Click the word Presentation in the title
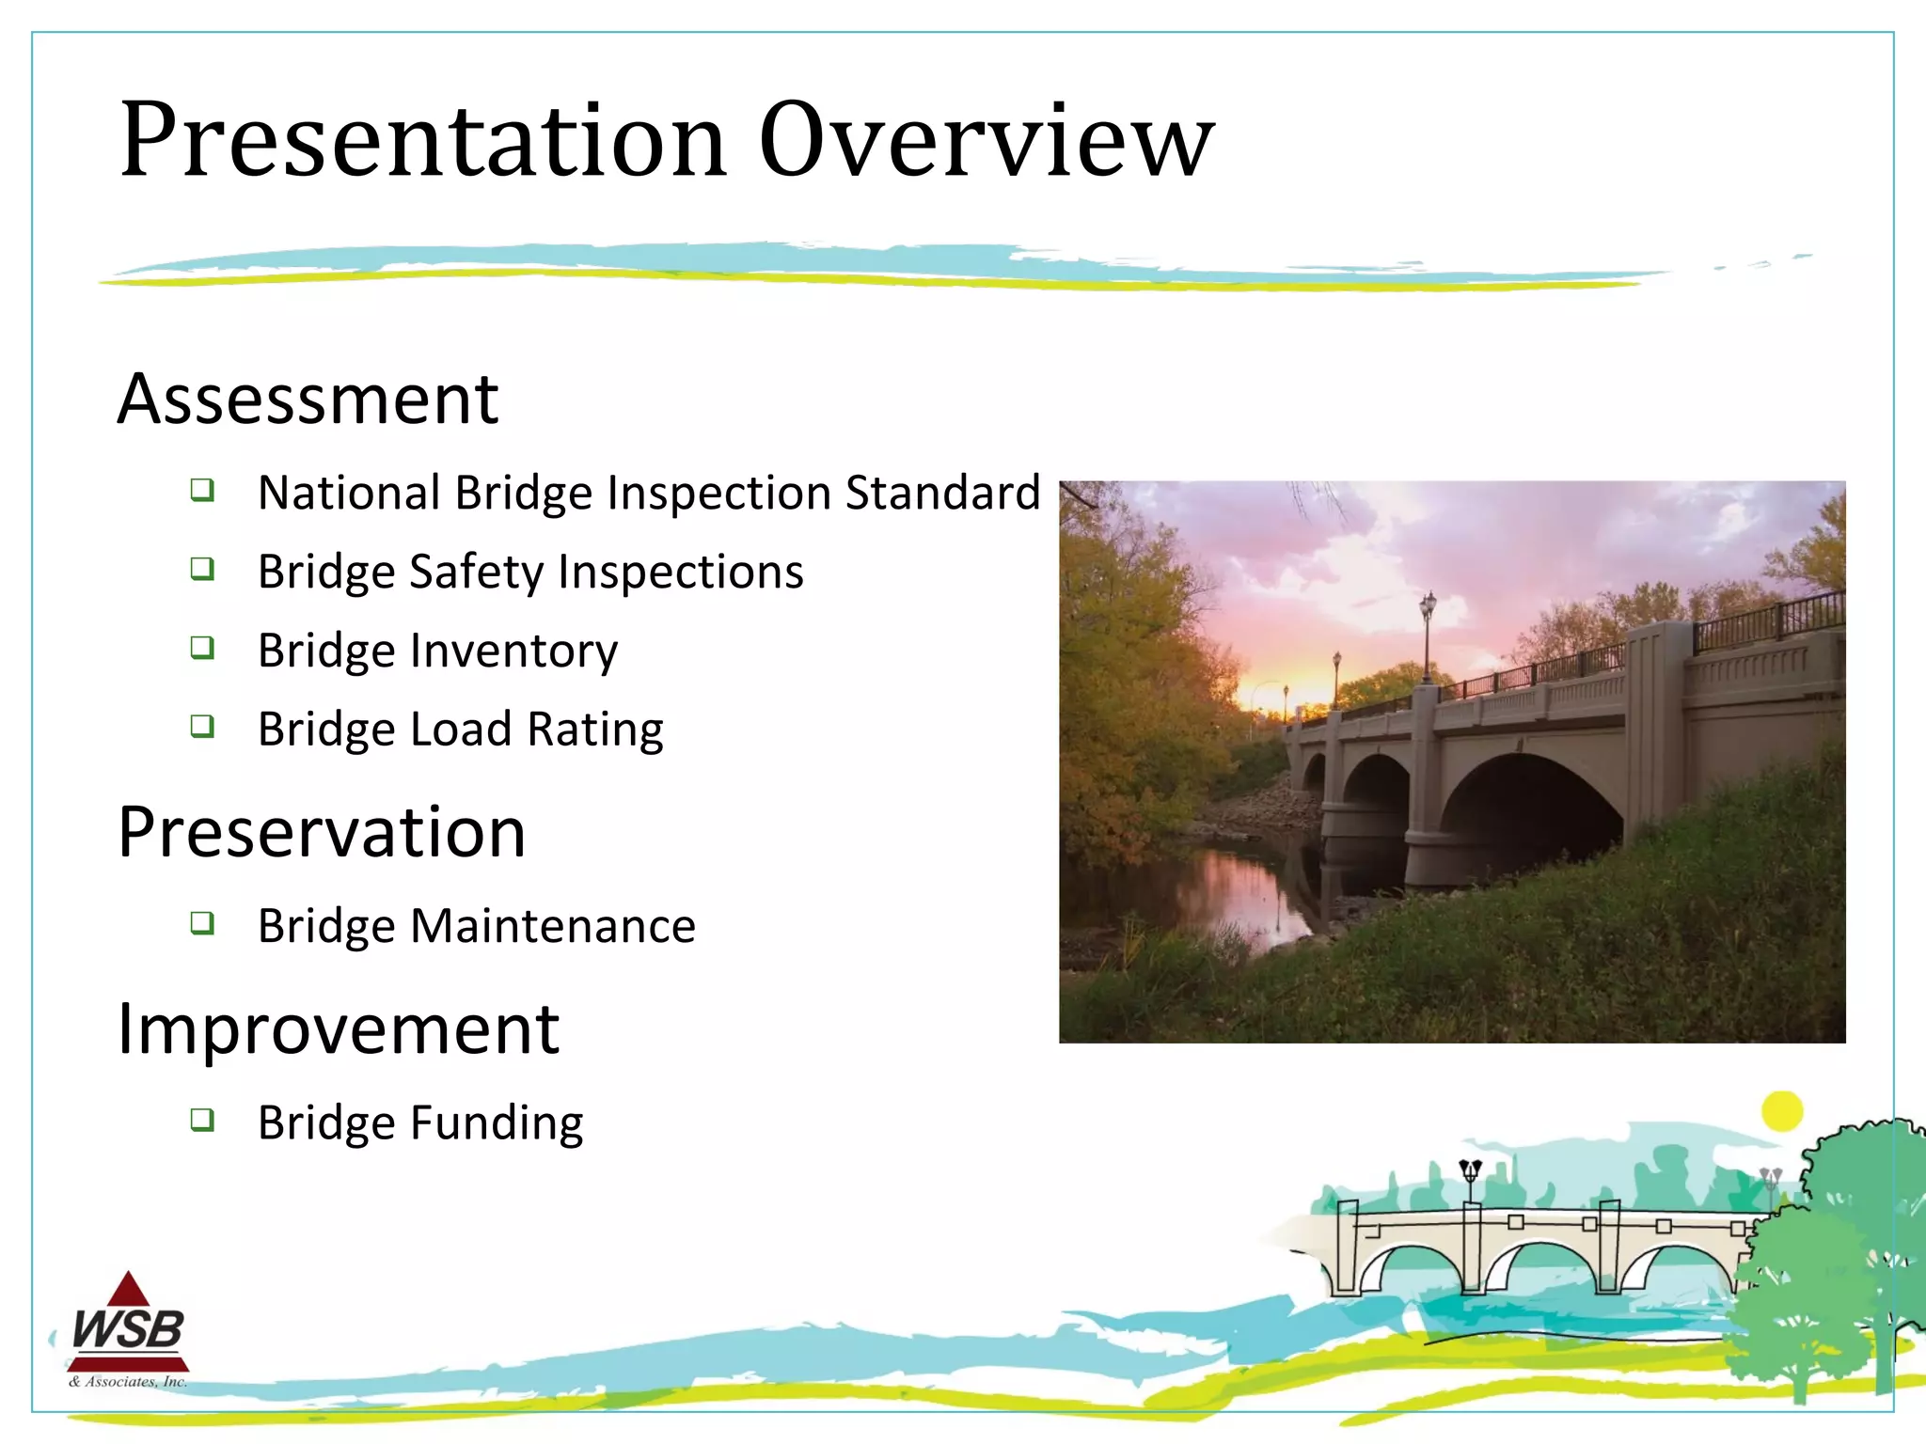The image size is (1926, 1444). click(423, 141)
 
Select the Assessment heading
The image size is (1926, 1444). click(308, 400)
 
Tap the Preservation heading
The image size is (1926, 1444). click(321, 833)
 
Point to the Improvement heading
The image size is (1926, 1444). click(338, 1029)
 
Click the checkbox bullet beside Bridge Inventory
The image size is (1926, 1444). click(202, 648)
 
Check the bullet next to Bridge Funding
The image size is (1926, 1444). click(202, 1120)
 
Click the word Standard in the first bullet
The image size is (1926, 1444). click(942, 493)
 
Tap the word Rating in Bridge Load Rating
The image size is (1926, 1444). click(595, 730)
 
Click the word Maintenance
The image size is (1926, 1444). click(553, 926)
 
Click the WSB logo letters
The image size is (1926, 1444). click(129, 1330)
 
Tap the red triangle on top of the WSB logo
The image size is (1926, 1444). click(129, 1291)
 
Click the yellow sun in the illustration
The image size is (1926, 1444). click(1781, 1111)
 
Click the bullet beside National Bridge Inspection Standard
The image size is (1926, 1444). click(202, 490)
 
